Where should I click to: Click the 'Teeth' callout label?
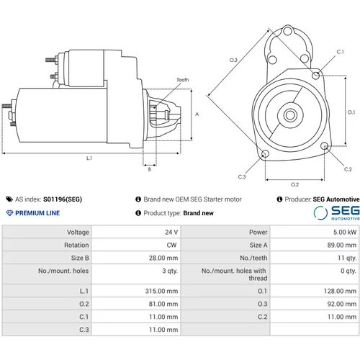tap(183, 80)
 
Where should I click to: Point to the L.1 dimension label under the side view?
tap(89, 158)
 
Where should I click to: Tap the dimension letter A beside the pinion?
tap(197, 114)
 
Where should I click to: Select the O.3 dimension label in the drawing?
tap(233, 60)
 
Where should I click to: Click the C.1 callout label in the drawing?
tap(340, 52)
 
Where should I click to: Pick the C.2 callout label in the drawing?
tap(348, 169)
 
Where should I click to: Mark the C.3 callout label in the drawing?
tap(242, 177)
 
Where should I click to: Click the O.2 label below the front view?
tap(294, 184)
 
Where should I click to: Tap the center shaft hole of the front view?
tap(290, 115)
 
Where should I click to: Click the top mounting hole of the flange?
tap(287, 31)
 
